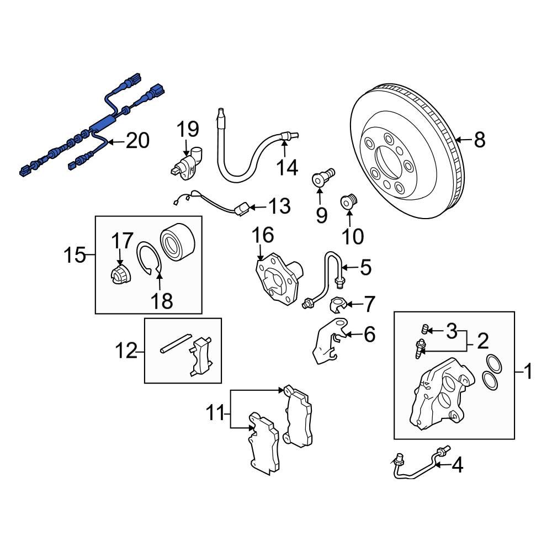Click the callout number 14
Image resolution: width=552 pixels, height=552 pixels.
pyautogui.click(x=287, y=166)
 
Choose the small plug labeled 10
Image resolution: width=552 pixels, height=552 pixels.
pyautogui.click(x=349, y=202)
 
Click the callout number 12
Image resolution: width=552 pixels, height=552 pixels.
pyautogui.click(x=126, y=351)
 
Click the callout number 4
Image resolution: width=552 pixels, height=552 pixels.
pyautogui.click(x=457, y=466)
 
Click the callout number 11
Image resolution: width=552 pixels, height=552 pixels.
pyautogui.click(x=217, y=411)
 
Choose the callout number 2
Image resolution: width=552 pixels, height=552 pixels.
pyautogui.click(x=482, y=342)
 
